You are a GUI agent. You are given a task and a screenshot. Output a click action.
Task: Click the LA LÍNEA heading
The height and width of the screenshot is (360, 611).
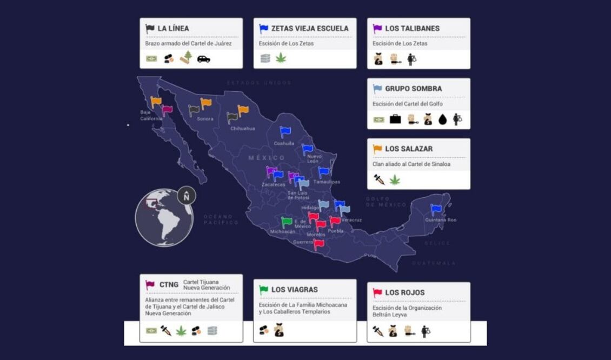point(173,29)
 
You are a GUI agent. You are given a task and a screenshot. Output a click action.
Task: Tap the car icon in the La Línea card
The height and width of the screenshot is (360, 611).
point(203,58)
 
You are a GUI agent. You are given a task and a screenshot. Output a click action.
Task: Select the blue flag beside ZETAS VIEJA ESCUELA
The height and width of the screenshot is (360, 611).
point(264,29)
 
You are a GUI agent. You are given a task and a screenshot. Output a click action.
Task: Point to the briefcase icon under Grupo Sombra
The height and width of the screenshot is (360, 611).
point(395,119)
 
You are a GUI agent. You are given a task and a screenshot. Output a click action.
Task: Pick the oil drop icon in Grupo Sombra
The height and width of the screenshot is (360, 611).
point(443,119)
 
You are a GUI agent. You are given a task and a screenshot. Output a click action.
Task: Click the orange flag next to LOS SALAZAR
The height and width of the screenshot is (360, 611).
point(377,149)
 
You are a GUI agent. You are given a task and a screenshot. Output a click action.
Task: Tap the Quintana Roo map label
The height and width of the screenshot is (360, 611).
point(440,220)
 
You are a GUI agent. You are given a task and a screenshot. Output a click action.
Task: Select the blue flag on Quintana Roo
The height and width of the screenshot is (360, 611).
point(436,210)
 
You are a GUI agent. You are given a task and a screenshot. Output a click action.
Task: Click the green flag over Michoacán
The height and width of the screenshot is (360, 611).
point(287,222)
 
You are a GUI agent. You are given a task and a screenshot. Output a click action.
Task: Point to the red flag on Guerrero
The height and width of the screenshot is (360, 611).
point(319,244)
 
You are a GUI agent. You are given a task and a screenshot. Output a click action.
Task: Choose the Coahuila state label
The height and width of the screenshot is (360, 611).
point(284,143)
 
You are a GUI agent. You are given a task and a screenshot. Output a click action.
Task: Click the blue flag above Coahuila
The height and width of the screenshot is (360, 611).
point(285,131)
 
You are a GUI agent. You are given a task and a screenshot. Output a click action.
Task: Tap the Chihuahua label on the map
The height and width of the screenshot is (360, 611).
point(242,129)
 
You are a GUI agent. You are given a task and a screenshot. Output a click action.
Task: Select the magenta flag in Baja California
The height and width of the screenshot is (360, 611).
point(167,110)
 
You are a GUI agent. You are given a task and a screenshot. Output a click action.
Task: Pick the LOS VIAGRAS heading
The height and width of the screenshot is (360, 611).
point(294,290)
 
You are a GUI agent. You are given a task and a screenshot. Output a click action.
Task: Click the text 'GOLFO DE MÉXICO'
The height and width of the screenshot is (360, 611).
point(386,202)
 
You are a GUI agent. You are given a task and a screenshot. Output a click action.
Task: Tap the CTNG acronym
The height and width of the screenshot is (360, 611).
point(169,285)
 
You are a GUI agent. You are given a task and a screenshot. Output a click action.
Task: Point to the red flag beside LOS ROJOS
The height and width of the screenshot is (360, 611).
point(377,293)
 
